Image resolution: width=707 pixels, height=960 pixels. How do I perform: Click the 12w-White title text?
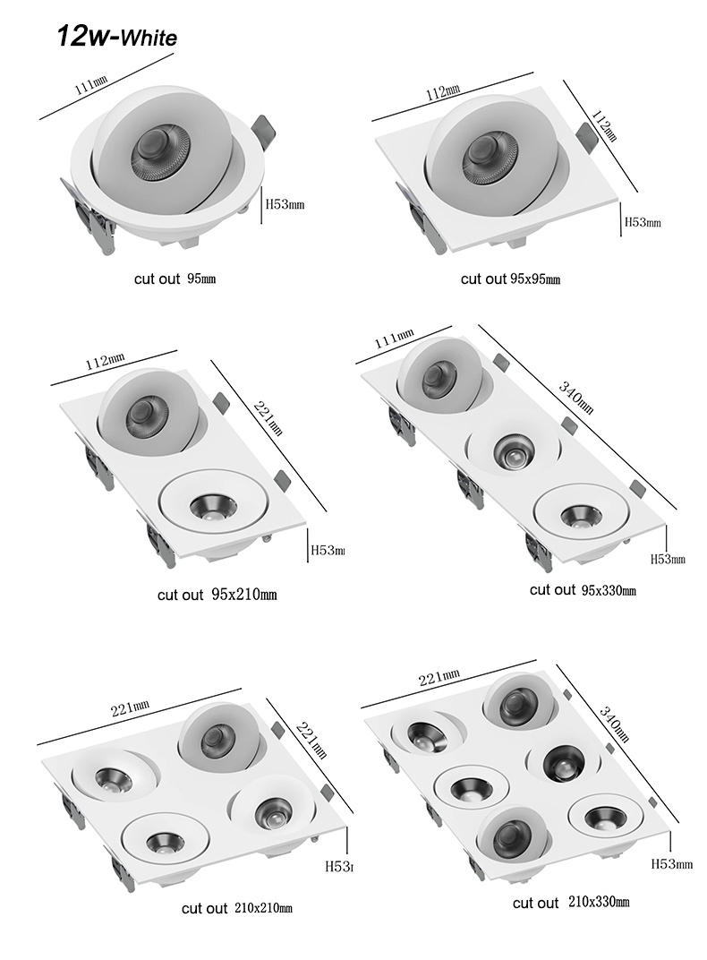click(x=116, y=37)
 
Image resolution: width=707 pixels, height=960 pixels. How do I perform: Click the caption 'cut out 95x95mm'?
click(x=510, y=279)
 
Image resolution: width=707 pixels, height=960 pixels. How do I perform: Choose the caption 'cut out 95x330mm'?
click(x=583, y=589)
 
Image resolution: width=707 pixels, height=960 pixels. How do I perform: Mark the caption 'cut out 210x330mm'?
click(x=571, y=902)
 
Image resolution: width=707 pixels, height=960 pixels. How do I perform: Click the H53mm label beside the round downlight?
click(x=285, y=204)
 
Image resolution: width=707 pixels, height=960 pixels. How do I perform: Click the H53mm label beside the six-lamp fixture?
click(x=671, y=864)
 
